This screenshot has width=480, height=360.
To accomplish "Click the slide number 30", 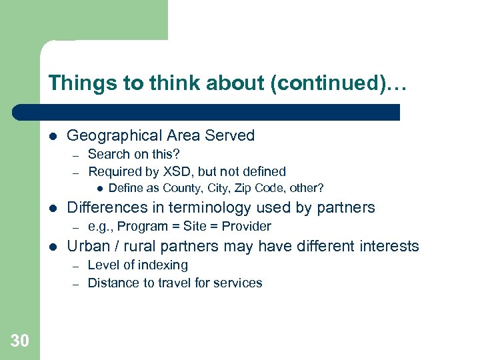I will pyautogui.click(x=20, y=341).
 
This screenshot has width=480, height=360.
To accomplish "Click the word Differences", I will pyautogui.click(x=105, y=208).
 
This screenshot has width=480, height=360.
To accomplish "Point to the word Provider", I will pyautogui.click(x=247, y=227).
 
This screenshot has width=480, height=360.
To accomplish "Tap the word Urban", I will pyautogui.click(x=88, y=246).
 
